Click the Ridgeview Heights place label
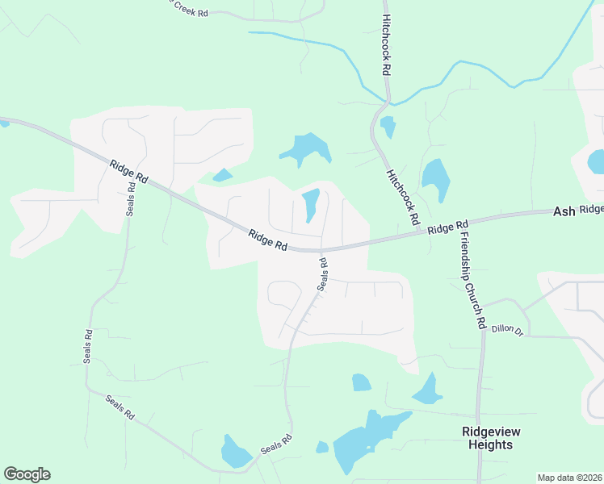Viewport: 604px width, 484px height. pyautogui.click(x=487, y=438)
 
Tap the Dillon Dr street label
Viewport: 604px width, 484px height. pyautogui.click(x=508, y=329)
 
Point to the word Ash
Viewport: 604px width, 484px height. pyautogui.click(x=564, y=211)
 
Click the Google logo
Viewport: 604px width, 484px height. pyautogui.click(x=27, y=474)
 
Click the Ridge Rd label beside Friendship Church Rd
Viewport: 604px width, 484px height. pyautogui.click(x=448, y=228)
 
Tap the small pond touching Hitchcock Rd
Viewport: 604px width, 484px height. pyautogui.click(x=388, y=127)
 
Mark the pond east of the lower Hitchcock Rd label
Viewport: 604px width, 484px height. pyautogui.click(x=436, y=179)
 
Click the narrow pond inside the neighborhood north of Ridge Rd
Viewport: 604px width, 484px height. pyautogui.click(x=311, y=204)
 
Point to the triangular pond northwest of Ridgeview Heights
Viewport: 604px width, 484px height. pyautogui.click(x=428, y=390)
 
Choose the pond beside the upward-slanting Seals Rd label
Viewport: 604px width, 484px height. pyautogui.click(x=235, y=452)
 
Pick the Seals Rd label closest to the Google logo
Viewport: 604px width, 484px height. pyautogui.click(x=119, y=408)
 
